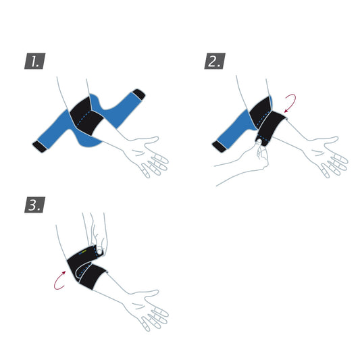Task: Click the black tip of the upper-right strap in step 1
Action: [x=139, y=94]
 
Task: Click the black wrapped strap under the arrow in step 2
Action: [x=273, y=128]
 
